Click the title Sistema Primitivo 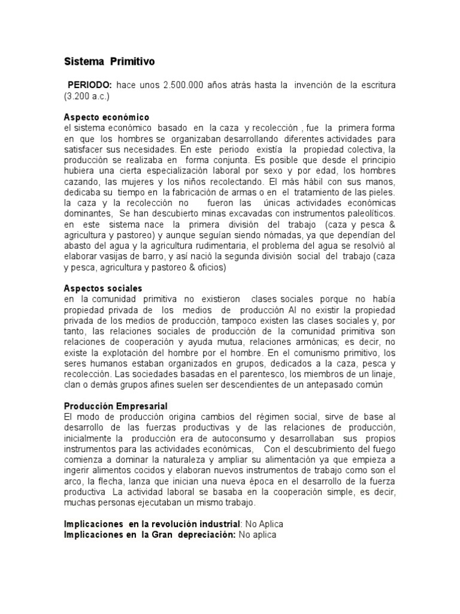point(109,61)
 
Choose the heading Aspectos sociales point(103,288)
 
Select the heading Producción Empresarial point(116,406)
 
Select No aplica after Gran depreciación point(258,534)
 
